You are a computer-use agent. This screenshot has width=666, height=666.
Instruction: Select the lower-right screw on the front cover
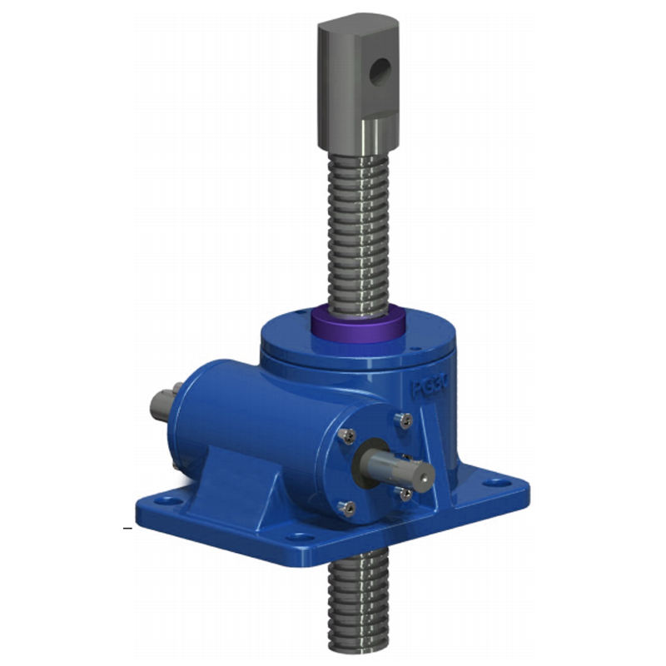(405, 495)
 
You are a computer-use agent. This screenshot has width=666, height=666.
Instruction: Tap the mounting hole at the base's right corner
(499, 482)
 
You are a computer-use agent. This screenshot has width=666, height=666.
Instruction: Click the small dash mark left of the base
(127, 528)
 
